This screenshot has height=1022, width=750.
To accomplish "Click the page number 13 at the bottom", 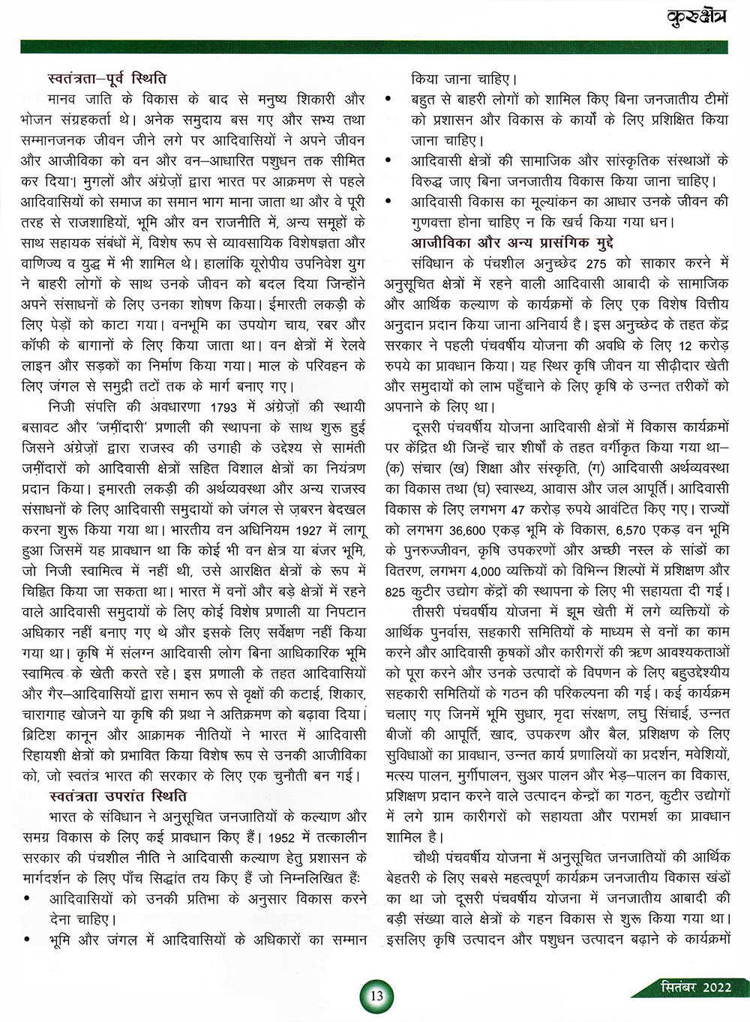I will pos(376,995).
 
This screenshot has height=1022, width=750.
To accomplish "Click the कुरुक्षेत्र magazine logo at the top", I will pos(697,16).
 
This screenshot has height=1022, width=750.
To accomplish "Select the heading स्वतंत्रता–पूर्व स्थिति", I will pos(106,78).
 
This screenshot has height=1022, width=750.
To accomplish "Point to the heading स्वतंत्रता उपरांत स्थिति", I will pos(118,796).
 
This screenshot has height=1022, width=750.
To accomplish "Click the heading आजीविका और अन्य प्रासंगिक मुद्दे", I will pos(512,242).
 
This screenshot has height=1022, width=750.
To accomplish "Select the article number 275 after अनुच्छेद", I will pos(596,263).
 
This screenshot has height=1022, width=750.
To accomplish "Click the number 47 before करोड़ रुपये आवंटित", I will pos(517,509).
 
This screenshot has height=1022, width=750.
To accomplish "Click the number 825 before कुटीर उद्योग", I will pos(395,592).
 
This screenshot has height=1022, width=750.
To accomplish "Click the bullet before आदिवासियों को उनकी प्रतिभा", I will pos(28,899).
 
